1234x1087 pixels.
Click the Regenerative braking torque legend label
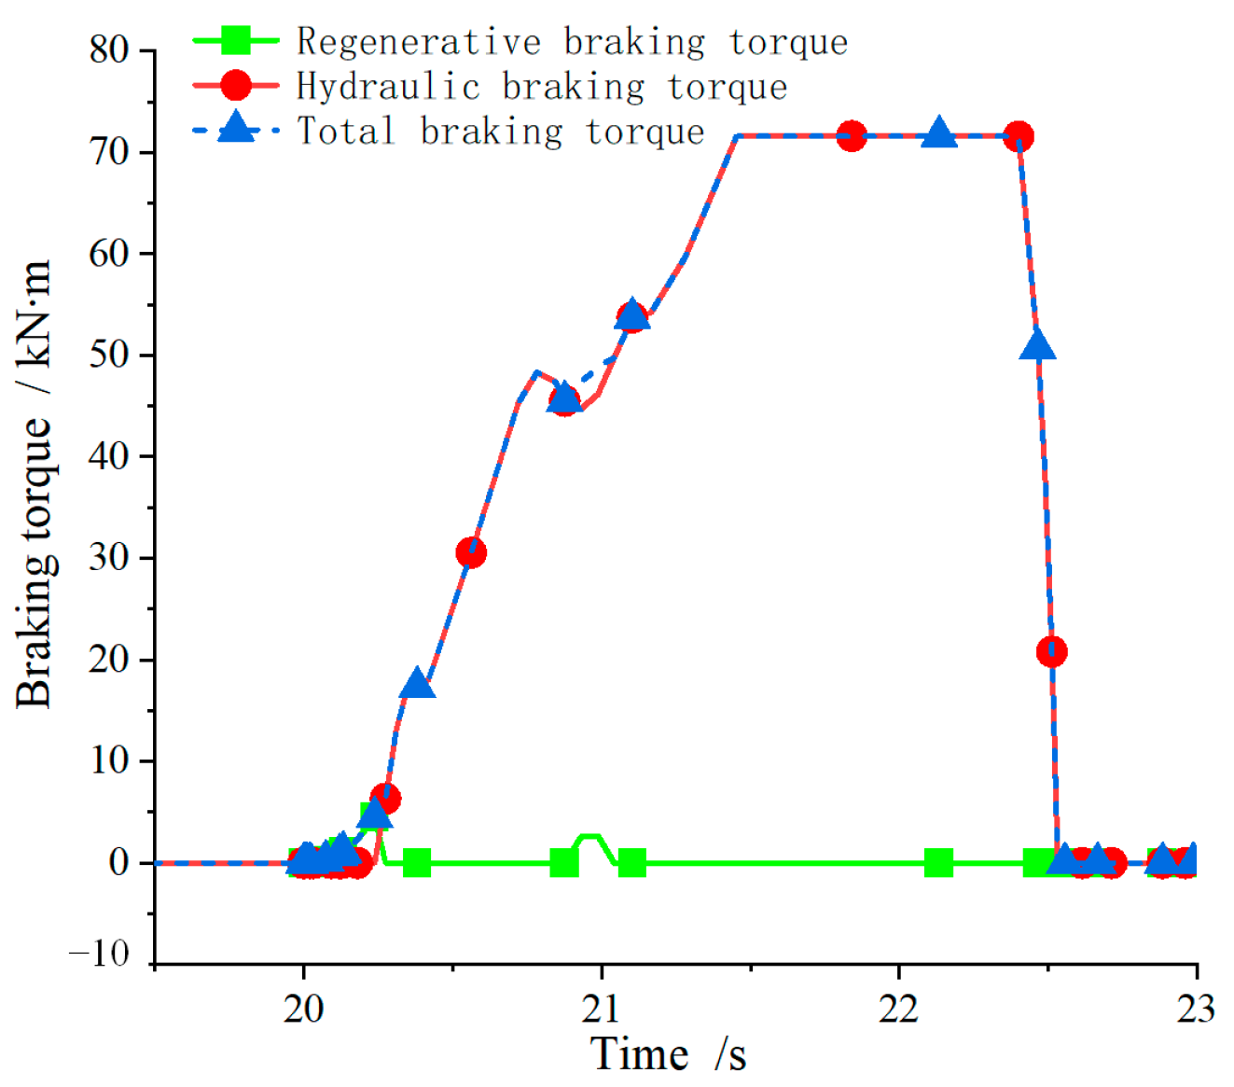click(x=572, y=42)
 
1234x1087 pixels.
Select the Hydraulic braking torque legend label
click(x=542, y=87)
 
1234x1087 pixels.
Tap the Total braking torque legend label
click(x=501, y=132)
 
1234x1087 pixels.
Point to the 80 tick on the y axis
click(x=109, y=49)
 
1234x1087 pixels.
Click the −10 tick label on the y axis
click(x=99, y=954)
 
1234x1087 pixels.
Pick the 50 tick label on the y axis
click(x=109, y=355)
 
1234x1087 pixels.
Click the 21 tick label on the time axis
click(x=602, y=1009)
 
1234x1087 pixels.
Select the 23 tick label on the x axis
click(x=1195, y=1009)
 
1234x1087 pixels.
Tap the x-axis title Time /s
click(x=669, y=1054)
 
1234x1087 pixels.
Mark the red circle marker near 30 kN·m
click(x=471, y=553)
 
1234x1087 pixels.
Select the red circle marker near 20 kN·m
click(x=1051, y=651)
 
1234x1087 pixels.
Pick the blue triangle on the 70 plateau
click(x=939, y=133)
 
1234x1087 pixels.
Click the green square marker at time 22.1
click(x=938, y=863)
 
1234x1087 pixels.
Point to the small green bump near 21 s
click(x=591, y=837)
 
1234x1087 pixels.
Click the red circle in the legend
click(x=236, y=86)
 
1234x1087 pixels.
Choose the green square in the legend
click(x=236, y=41)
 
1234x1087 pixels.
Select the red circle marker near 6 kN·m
click(x=385, y=799)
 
